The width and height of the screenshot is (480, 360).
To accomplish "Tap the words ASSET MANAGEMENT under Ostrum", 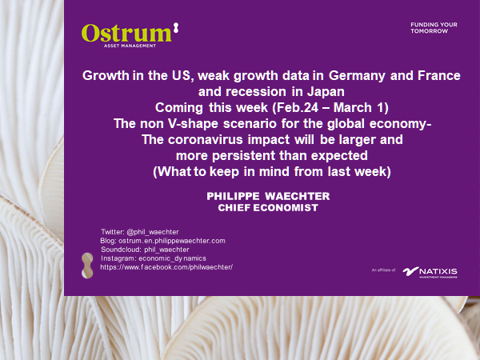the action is tap(130, 46).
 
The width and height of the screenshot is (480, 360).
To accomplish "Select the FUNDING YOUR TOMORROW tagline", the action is tap(434, 28).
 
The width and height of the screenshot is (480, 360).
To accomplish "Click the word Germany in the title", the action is tap(357, 76).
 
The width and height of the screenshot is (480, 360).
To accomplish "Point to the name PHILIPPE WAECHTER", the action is tap(268, 196).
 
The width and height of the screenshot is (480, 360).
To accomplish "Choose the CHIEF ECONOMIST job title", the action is tap(268, 208).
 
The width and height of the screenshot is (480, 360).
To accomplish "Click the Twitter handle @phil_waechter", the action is tap(153, 232).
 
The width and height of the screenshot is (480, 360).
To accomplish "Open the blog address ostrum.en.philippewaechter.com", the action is tap(172, 241).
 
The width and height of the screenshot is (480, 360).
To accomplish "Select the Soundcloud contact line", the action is tap(145, 250).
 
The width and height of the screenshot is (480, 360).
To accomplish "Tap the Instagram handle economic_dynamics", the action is tap(172, 258).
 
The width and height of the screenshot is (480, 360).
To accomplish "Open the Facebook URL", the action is tap(166, 267).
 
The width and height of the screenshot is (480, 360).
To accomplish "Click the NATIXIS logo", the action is tap(430, 272).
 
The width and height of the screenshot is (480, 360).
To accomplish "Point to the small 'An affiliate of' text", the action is tap(384, 270).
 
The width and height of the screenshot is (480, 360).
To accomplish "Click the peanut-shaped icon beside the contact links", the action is tap(87, 266).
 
